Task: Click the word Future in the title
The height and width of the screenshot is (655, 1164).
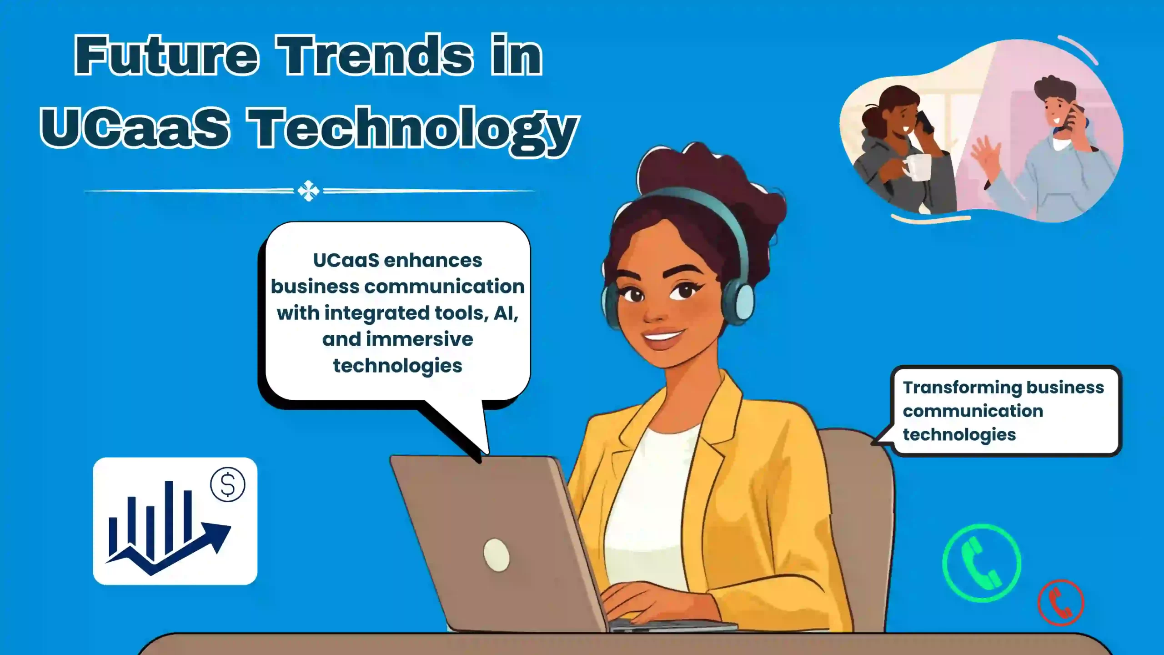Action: (166, 55)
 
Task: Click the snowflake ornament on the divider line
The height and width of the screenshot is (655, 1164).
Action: (308, 191)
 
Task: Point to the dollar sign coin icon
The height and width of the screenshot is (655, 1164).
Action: (228, 484)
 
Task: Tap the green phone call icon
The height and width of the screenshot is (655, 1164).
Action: (982, 563)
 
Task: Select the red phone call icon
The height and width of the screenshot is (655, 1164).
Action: (1061, 603)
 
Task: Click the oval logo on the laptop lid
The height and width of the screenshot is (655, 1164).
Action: (496, 554)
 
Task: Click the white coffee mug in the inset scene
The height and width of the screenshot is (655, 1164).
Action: (916, 167)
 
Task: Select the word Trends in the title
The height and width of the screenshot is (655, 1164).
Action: (375, 55)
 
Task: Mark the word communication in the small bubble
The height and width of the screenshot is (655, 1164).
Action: (973, 411)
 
